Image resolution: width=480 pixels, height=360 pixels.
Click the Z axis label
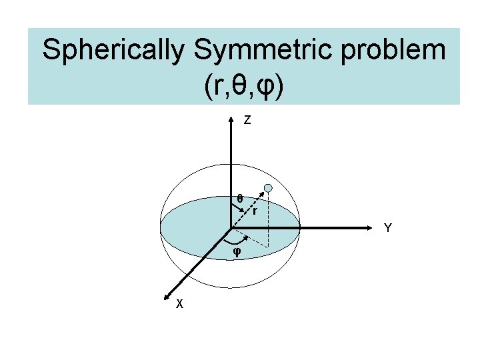pyautogui.click(x=247, y=121)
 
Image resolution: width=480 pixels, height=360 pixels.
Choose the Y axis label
pyautogui.click(x=387, y=229)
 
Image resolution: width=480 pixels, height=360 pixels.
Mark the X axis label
pyautogui.click(x=179, y=304)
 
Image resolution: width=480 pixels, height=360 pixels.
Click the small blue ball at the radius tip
pyautogui.click(x=267, y=189)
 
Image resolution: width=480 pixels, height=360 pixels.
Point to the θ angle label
pyautogui.click(x=240, y=198)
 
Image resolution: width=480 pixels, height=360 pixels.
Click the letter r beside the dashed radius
pyautogui.click(x=254, y=212)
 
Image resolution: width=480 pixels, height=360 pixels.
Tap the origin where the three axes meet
pyautogui.click(x=231, y=227)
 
